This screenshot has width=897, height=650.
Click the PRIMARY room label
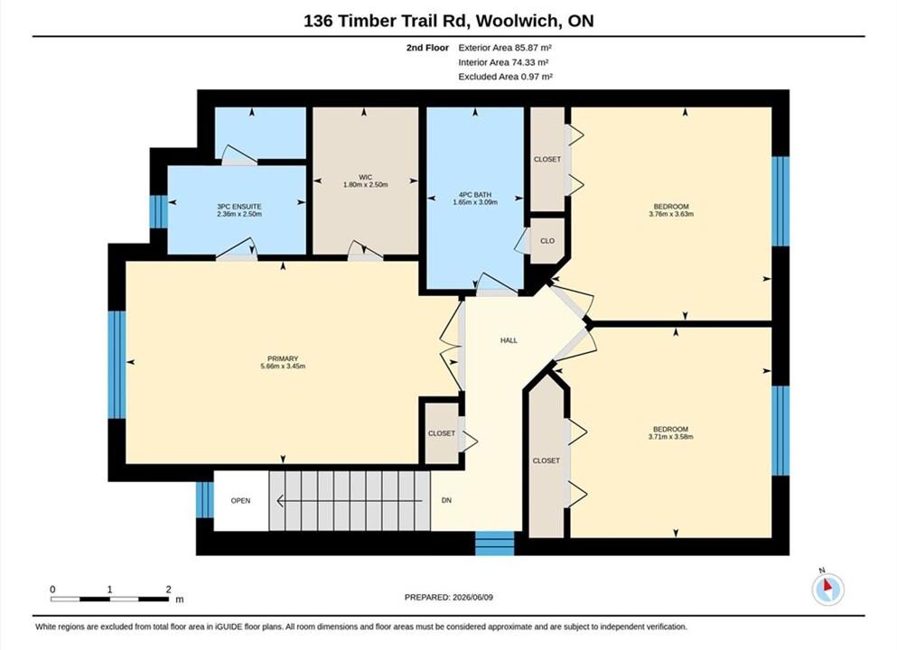(x=283, y=358)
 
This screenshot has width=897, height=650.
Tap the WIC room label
(x=366, y=177)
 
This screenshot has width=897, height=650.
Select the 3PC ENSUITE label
(x=239, y=207)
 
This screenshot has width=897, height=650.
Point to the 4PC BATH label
(x=475, y=194)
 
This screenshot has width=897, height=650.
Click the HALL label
(x=509, y=340)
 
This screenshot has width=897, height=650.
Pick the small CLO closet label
(x=547, y=241)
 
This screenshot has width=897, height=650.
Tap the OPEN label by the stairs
(x=240, y=501)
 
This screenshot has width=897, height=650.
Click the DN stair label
(x=447, y=500)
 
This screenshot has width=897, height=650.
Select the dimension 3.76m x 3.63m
(x=671, y=214)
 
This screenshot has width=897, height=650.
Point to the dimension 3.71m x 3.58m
(x=670, y=437)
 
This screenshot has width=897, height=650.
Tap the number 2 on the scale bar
(x=168, y=590)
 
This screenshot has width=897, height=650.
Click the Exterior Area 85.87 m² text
(x=505, y=48)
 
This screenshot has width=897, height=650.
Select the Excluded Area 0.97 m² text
(x=505, y=77)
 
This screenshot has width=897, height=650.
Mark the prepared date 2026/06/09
(x=472, y=598)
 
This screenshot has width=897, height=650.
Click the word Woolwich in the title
(x=517, y=21)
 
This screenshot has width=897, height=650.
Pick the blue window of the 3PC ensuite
(x=158, y=212)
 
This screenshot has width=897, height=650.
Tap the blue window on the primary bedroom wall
(x=117, y=365)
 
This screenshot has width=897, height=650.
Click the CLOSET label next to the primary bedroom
(x=442, y=433)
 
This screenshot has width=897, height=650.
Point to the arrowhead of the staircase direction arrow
(x=280, y=501)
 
